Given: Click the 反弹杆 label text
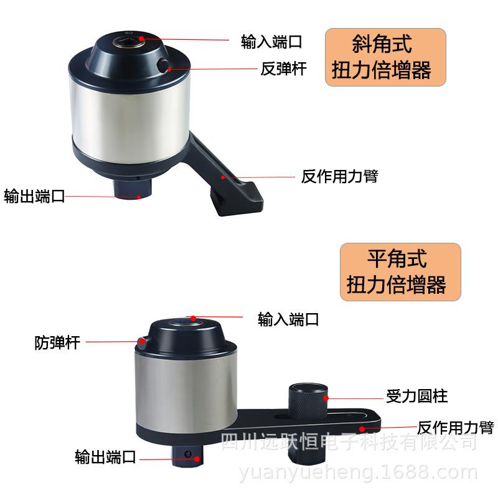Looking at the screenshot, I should pos(283,68).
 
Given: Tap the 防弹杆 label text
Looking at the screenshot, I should pos(57,342).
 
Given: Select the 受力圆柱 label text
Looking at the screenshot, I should pos(417,396).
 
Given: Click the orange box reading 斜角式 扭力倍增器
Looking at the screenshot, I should pos(386,57).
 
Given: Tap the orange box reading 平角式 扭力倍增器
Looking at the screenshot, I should pos(401,272).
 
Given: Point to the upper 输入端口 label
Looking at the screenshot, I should pos(271,42).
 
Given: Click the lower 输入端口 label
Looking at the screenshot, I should pos(288,320).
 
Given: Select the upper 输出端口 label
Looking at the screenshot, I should pos(34,197).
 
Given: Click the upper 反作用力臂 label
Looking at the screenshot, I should pos(339,177).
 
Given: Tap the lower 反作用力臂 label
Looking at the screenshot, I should pos(455,428).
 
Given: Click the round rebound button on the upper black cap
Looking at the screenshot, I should pos(164,65).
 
